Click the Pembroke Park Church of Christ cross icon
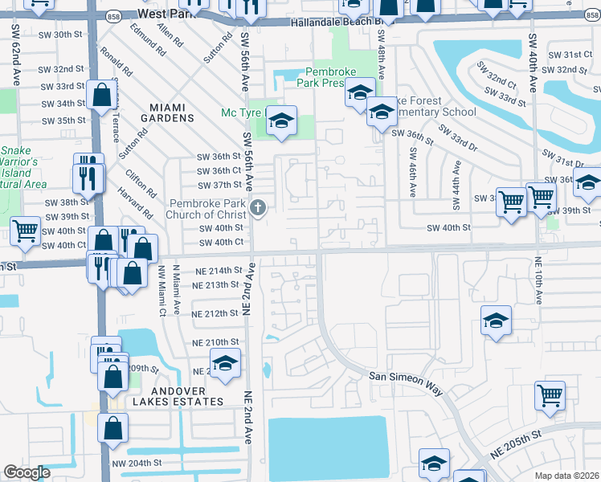pyautogui.click(x=258, y=209)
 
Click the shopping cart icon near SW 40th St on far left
pyautogui.click(x=25, y=231)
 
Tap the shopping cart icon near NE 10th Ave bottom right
pyautogui.click(x=550, y=394)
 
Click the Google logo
pyautogui.click(x=27, y=472)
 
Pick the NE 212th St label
pyautogui.click(x=216, y=313)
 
